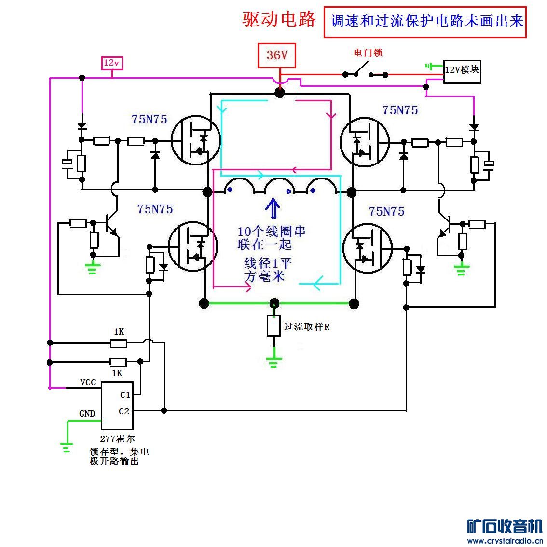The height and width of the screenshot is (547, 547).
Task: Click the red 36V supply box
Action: pyautogui.click(x=277, y=55)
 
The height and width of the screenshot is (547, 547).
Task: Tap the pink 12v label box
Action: pyautogui.click(x=111, y=63)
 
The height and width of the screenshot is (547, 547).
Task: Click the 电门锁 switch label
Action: pyautogui.click(x=368, y=53)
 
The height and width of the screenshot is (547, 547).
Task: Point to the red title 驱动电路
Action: pyautogui.click(x=279, y=19)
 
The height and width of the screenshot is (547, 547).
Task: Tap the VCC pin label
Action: pyautogui.click(x=88, y=383)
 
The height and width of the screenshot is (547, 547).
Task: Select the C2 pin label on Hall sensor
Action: pyautogui.click(x=124, y=411)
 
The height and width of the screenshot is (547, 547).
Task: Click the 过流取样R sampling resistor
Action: pyautogui.click(x=274, y=326)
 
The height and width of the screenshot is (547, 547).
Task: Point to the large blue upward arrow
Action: pyautogui.click(x=273, y=208)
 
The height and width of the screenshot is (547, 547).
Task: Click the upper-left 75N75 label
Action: pyautogui.click(x=149, y=119)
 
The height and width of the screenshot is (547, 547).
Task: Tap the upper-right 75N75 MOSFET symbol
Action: pyautogui.click(x=364, y=141)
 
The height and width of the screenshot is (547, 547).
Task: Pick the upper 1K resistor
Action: pyautogui.click(x=119, y=343)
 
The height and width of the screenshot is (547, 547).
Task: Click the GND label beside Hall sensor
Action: pyautogui.click(x=87, y=414)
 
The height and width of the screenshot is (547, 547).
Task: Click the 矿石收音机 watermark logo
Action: pyautogui.click(x=505, y=527)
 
